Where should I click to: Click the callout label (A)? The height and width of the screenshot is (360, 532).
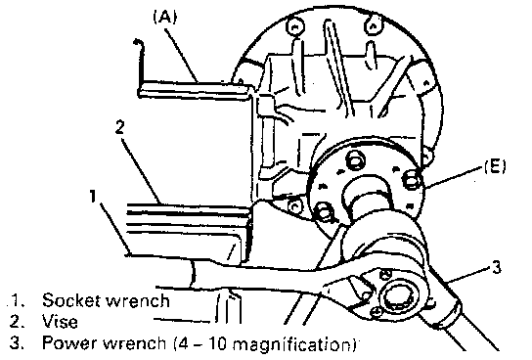pyautogui.click(x=165, y=17)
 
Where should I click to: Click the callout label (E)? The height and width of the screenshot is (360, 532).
pyautogui.click(x=495, y=166)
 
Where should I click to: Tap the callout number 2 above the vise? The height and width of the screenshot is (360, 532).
pyautogui.click(x=119, y=128)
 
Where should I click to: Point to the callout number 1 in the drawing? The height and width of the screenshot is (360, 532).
pyautogui.click(x=93, y=197)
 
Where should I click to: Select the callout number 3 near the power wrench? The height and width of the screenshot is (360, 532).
pyautogui.click(x=496, y=267)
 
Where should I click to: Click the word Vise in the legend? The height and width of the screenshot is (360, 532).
pyautogui.click(x=60, y=321)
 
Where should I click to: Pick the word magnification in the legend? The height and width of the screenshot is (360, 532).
pyautogui.click(x=292, y=344)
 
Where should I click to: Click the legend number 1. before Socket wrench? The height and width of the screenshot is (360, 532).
pyautogui.click(x=18, y=300)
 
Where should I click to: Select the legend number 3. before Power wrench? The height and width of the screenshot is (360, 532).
pyautogui.click(x=17, y=342)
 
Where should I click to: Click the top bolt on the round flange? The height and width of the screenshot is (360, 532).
pyautogui.click(x=355, y=160)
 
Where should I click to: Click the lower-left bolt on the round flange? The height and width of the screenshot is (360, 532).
pyautogui.click(x=325, y=213)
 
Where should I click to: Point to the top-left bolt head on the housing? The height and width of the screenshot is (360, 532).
pyautogui.click(x=294, y=26)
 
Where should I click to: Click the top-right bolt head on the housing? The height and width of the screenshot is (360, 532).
pyautogui.click(x=373, y=26)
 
